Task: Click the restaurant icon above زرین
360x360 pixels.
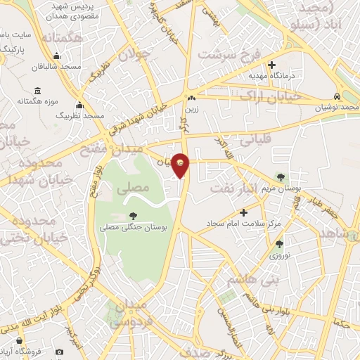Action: (x=191, y=97)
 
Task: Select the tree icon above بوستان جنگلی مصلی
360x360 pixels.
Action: (x=134, y=216)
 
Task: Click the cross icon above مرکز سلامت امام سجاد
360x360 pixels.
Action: (x=244, y=212)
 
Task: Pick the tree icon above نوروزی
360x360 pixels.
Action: (x=280, y=244)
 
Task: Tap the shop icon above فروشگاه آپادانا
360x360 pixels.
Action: (x=59, y=352)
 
